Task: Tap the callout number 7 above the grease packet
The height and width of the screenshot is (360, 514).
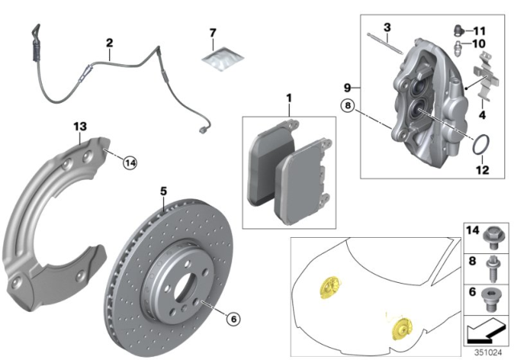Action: click(212, 33)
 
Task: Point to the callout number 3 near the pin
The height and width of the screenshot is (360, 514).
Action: click(386, 28)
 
